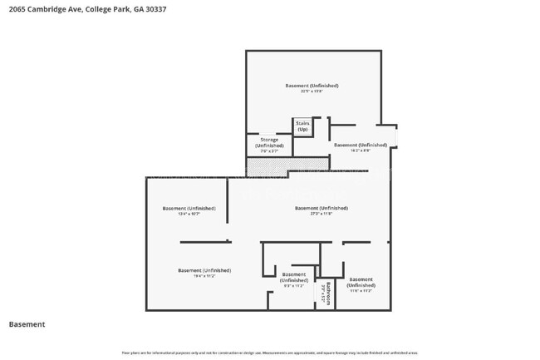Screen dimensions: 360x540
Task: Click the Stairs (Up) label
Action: pyautogui.click(x=302, y=126)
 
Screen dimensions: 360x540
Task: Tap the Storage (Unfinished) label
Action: pyautogui.click(x=269, y=143)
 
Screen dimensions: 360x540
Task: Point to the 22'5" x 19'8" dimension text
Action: pyautogui.click(x=312, y=91)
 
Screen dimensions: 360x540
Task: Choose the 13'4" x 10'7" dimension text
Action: pyautogui.click(x=189, y=214)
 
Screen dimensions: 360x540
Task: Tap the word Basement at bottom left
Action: pyautogui.click(x=27, y=324)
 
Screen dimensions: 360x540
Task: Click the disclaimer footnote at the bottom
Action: pyautogui.click(x=270, y=353)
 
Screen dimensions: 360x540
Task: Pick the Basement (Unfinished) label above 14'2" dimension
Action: pyautogui.click(x=361, y=145)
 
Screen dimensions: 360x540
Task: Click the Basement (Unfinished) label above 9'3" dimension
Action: pyautogui.click(x=293, y=277)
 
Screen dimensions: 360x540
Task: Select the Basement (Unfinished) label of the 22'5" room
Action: pyautogui.click(x=312, y=85)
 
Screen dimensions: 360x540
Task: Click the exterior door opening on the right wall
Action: pyautogui.click(x=395, y=136)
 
